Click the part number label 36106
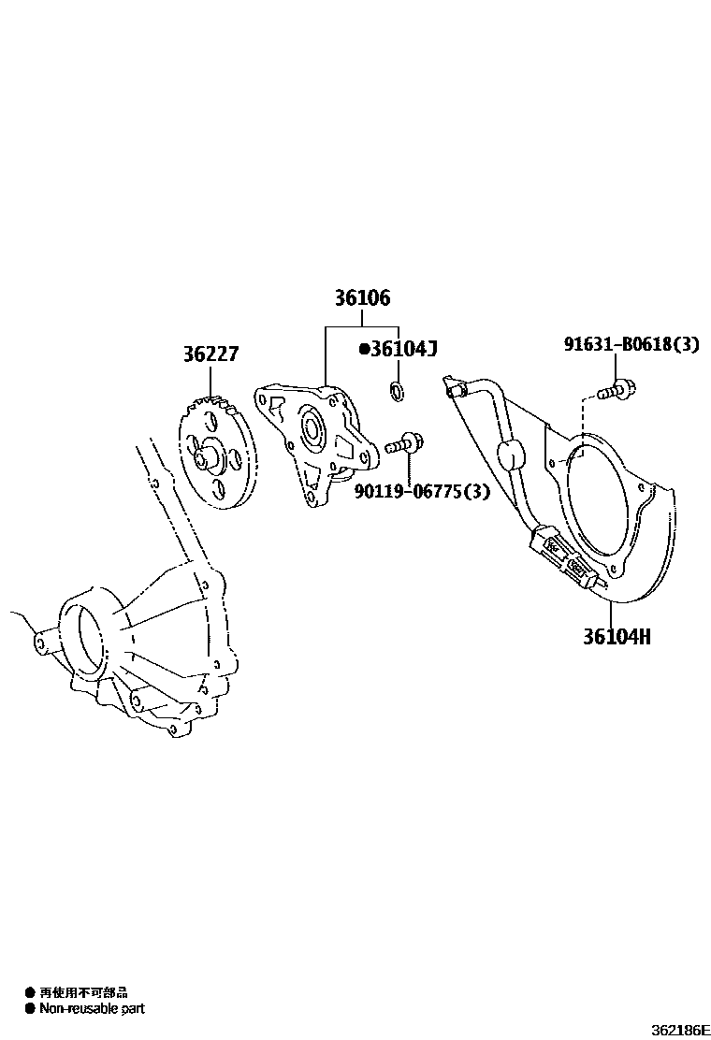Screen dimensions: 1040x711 [x=362, y=299]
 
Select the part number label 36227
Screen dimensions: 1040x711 [x=210, y=355]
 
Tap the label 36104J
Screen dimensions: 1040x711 [x=404, y=349]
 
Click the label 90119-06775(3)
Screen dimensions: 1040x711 [x=421, y=491]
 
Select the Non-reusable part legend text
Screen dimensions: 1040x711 [x=92, y=1008]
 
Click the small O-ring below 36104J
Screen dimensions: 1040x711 [x=397, y=391]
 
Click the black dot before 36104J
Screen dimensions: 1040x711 [x=364, y=350]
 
